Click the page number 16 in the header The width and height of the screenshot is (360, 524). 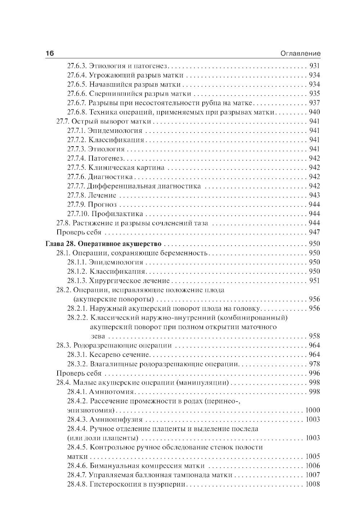50,53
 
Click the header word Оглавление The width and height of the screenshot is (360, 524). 300,54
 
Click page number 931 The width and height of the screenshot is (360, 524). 314,66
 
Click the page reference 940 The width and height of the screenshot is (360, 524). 314,112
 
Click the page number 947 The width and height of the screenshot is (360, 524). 314,232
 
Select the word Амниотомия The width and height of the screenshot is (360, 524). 112,392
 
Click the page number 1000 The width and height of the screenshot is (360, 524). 312,410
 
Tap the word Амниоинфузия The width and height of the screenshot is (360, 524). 116,420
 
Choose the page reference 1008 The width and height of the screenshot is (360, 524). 312,484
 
